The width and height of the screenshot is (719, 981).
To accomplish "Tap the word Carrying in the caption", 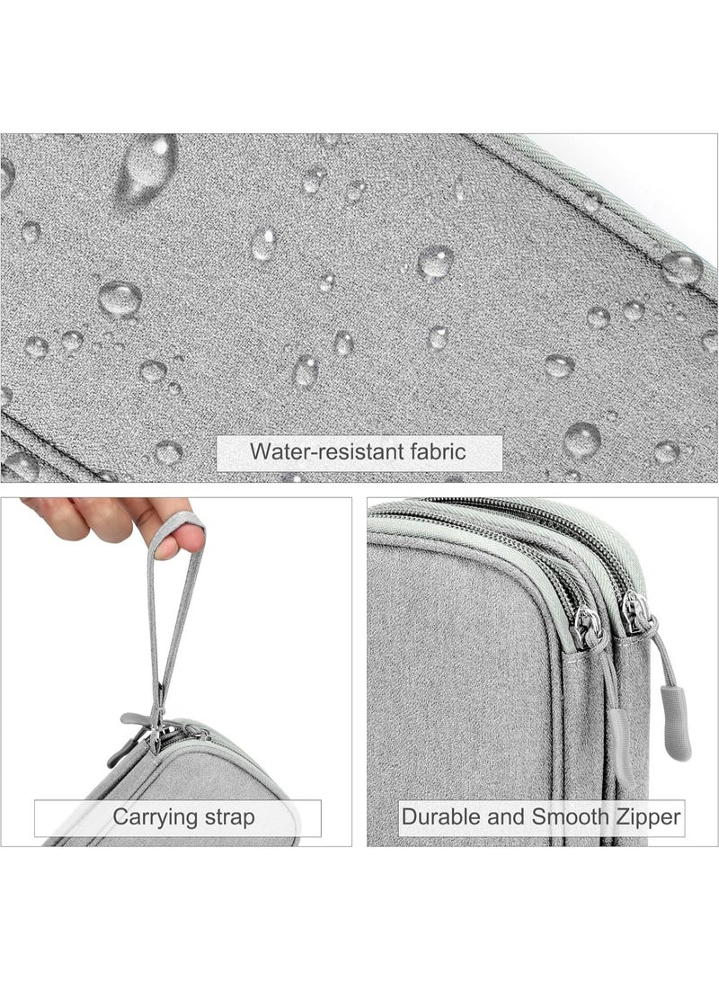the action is click(150, 818).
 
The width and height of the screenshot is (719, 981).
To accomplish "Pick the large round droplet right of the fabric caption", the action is click(582, 438).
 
